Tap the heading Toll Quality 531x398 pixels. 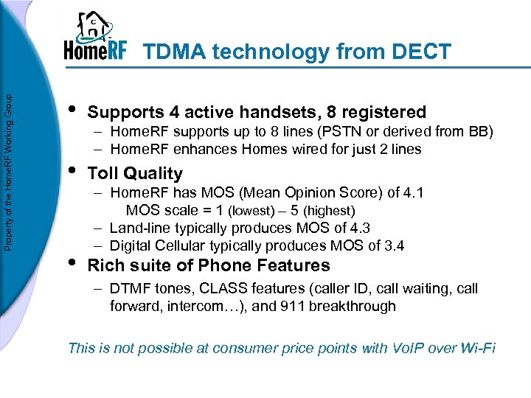(135, 173)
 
